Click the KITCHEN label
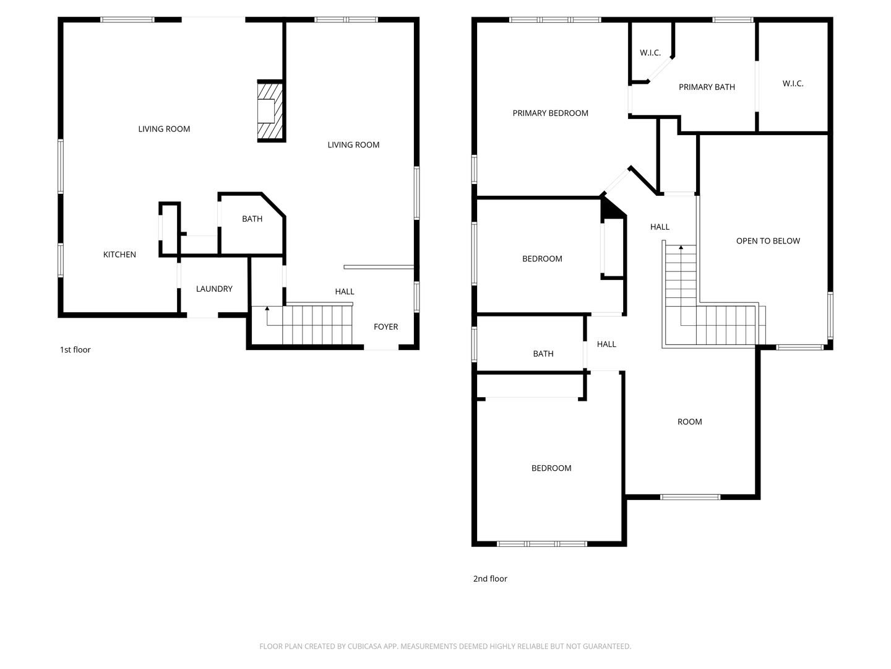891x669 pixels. coord(119,255)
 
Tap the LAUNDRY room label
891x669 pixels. coord(214,289)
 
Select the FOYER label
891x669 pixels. coord(385,326)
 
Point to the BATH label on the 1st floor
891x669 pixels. coord(252,219)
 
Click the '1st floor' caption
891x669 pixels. coord(75,350)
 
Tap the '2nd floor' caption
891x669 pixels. coord(490,579)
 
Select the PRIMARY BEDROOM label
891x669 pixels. coord(550,113)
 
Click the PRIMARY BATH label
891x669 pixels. coord(707,87)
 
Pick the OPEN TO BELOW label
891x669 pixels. coord(768,241)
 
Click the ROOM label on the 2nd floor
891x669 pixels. coord(689,422)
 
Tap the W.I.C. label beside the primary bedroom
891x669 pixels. coord(650,53)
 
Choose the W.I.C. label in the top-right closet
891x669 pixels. coord(793,84)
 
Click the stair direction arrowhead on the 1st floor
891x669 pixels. coord(267,308)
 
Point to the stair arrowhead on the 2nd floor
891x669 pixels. coord(681,247)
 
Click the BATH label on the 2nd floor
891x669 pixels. coord(543,354)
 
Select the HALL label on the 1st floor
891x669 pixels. coord(344,292)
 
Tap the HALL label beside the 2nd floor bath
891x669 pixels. coord(606,344)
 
